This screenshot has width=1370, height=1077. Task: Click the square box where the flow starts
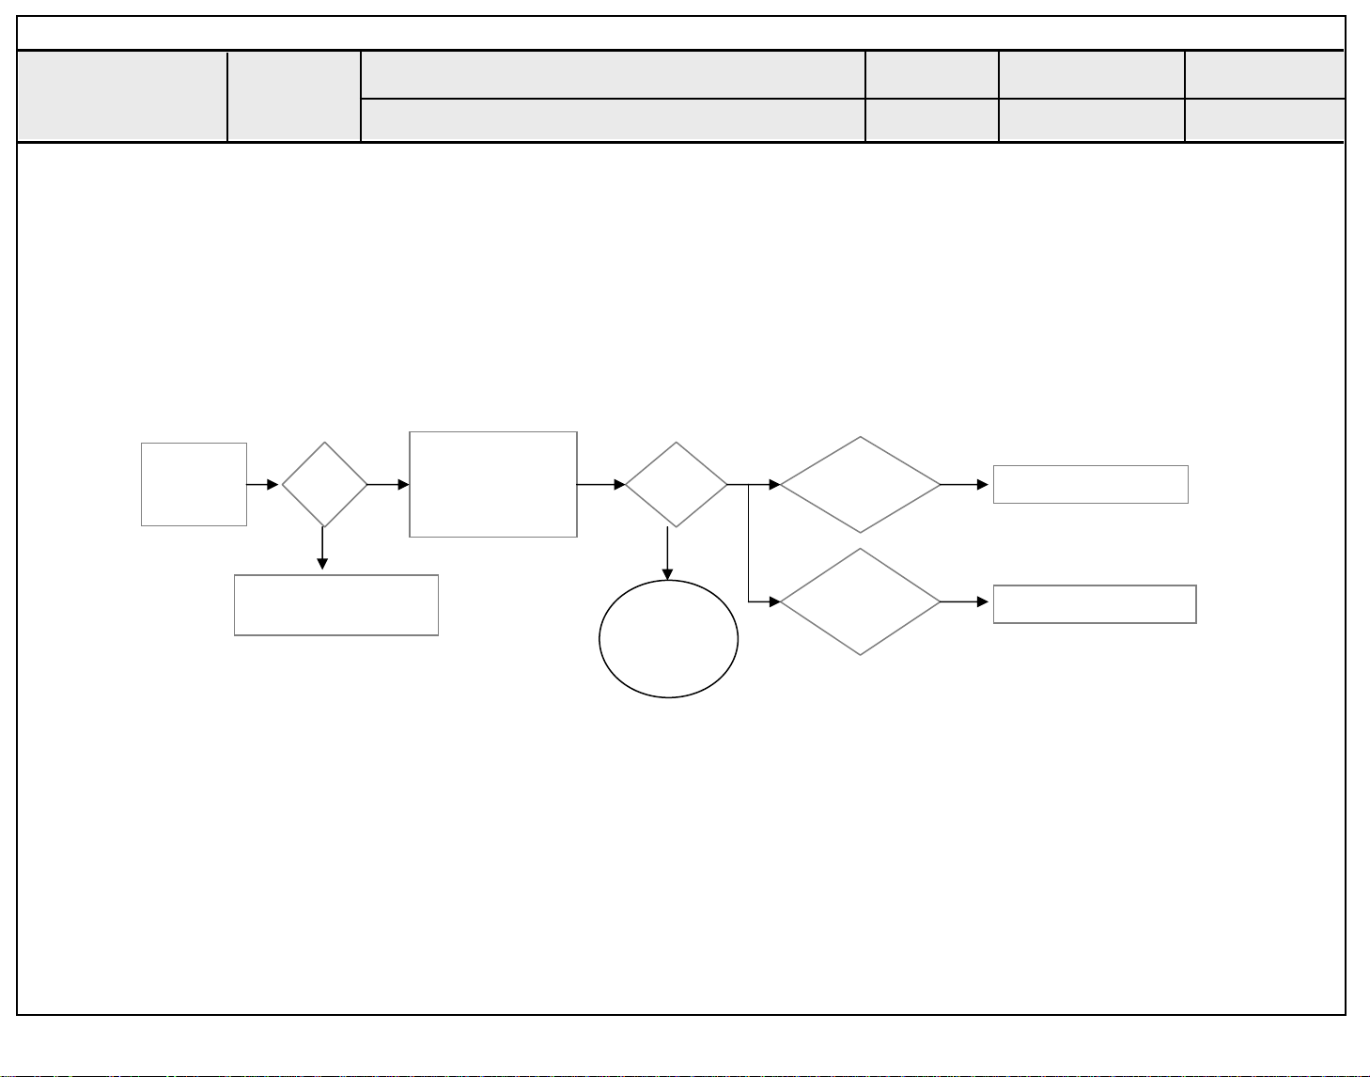tap(194, 484)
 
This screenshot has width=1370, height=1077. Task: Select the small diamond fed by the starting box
tap(324, 484)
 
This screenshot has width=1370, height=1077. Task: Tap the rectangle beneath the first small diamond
tap(335, 605)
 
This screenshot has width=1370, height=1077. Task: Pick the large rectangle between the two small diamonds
tap(493, 484)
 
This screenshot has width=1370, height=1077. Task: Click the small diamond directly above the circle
tap(676, 484)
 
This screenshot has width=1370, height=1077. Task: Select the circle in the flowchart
tap(668, 639)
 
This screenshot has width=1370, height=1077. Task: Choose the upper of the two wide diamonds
tap(860, 484)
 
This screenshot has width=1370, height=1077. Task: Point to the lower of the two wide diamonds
tap(860, 601)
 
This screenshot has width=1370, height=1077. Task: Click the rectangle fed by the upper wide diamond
tap(1090, 484)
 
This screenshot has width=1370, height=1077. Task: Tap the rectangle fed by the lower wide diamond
tap(1094, 603)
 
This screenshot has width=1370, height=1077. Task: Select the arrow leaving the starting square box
tap(263, 485)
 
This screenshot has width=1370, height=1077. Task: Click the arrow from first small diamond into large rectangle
tap(388, 485)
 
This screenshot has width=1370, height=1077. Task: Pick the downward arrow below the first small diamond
tap(322, 549)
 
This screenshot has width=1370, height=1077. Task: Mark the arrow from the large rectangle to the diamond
tap(601, 485)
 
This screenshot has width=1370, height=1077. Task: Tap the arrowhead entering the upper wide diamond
tap(774, 485)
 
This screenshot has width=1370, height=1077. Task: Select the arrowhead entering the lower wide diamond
tap(774, 601)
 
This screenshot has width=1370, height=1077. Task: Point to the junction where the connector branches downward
tap(748, 485)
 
